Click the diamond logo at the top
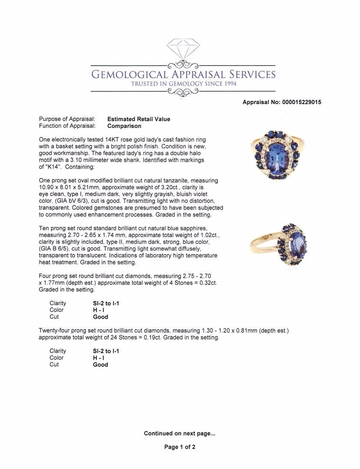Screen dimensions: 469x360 tap(183, 48)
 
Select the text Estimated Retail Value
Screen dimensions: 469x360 tap(139, 119)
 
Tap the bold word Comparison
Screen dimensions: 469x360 tap(124, 126)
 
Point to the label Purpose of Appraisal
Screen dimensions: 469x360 tap(67, 119)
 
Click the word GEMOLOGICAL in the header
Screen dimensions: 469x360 tap(129, 75)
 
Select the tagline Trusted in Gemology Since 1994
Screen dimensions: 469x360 tap(183, 84)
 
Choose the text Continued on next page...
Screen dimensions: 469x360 tap(179, 433)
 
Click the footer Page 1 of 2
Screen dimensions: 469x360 tap(180, 447)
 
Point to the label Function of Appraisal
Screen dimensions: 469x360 tap(67, 126)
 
